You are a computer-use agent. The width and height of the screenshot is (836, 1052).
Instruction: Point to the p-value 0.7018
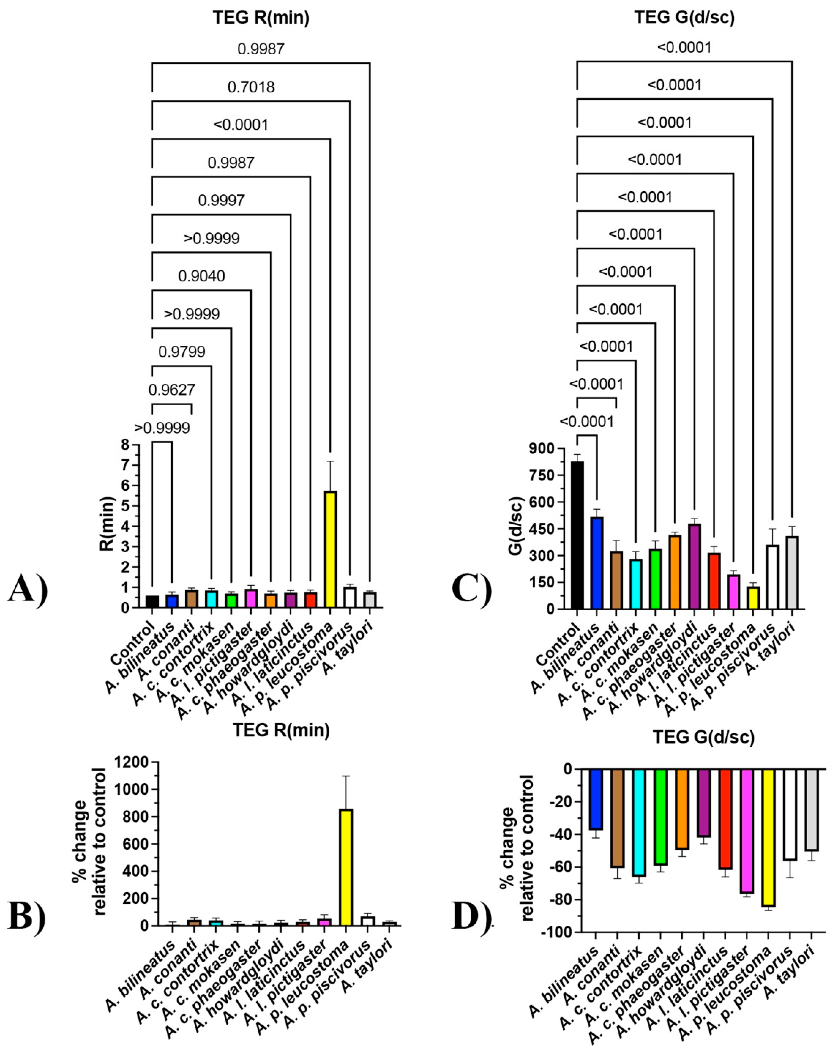[251, 87]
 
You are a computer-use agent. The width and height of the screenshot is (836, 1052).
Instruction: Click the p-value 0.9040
[201, 276]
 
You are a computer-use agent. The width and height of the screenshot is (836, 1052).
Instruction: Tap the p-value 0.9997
[221, 201]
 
